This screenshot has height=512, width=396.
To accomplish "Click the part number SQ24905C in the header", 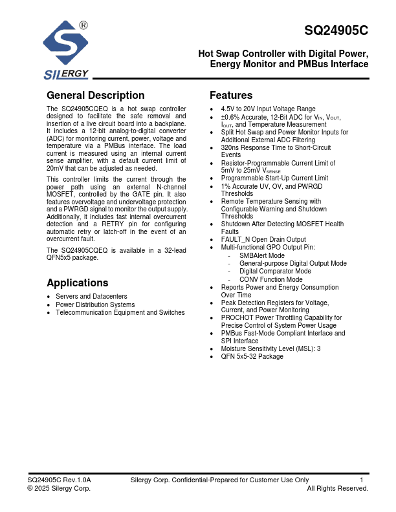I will coord(336,30).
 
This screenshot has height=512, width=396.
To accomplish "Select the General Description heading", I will coord(96,96).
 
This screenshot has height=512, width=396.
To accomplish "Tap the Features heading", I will coord(231,96).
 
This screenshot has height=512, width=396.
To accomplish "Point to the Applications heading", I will coord(78,283).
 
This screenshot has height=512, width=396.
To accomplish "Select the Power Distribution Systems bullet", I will coord(95,304).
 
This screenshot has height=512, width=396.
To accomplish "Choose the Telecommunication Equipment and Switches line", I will coord(120,312).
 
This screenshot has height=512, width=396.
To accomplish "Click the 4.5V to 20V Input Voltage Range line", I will coord(268,109).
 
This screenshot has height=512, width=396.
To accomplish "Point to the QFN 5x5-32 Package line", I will coord(252,357).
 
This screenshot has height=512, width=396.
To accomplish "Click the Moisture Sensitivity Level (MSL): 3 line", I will coord(270,349).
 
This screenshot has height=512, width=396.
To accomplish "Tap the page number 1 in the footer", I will coord(362,480).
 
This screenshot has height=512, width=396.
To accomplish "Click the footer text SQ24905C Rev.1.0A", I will coord(59,480).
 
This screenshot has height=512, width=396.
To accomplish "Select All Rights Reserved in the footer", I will coord(337,489).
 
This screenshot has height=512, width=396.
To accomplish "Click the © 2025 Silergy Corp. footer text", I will coord(59,489).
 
